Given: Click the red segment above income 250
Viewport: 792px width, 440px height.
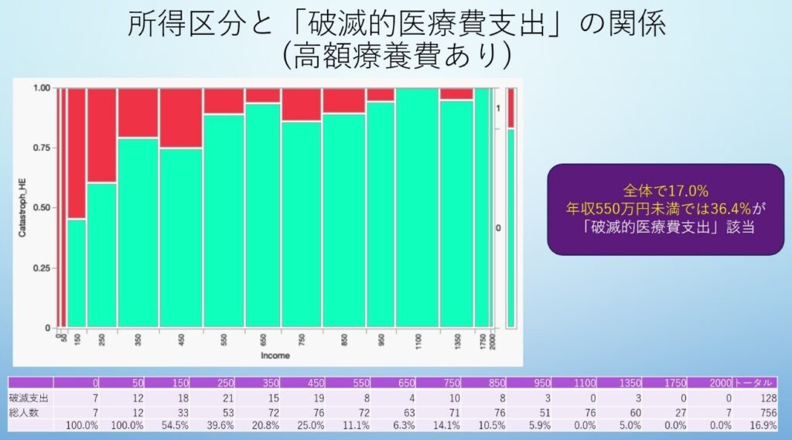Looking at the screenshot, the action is click(101, 135).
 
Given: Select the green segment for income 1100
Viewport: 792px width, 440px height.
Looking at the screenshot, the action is click(417, 207).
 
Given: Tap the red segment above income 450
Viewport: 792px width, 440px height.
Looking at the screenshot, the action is click(181, 118).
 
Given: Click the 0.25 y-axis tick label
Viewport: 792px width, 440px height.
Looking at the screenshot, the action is click(43, 268).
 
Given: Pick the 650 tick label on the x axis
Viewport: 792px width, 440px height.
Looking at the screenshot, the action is click(263, 339).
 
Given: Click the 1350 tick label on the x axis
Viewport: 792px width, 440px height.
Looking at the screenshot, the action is click(457, 341).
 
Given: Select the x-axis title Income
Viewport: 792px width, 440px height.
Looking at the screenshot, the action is click(275, 356).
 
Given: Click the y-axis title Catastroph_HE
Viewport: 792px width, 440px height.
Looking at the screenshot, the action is click(22, 207).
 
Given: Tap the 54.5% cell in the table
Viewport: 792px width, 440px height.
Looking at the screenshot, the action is click(175, 426).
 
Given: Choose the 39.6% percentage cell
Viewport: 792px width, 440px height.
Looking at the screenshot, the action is click(220, 426).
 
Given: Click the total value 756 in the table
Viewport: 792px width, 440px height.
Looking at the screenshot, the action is click(768, 413).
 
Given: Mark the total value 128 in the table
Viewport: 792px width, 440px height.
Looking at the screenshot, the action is click(768, 398).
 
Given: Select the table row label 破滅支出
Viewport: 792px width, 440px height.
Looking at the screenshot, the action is click(29, 398).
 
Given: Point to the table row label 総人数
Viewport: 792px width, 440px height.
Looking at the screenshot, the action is click(24, 413).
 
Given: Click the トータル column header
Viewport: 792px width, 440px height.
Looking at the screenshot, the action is click(755, 383).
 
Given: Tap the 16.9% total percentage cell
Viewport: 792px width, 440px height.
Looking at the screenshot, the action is click(763, 426).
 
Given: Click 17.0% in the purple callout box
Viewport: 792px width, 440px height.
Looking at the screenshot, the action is click(688, 191).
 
